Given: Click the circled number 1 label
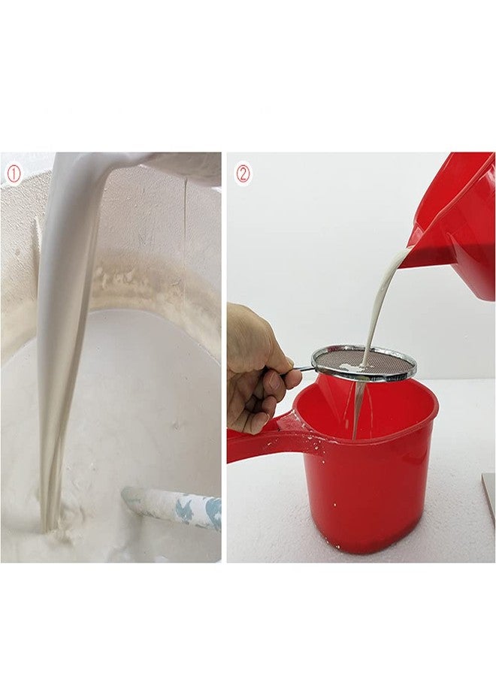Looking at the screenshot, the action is click(x=14, y=174).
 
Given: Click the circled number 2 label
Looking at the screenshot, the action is click(x=243, y=174).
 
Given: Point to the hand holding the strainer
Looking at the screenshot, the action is click(x=256, y=367).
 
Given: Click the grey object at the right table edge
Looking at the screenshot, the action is click(x=488, y=496).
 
